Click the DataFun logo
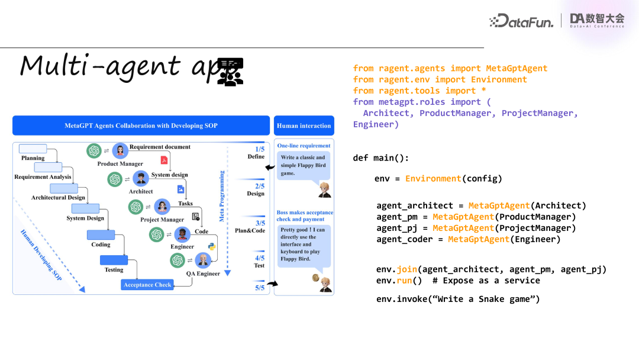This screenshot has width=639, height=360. [x=521, y=21]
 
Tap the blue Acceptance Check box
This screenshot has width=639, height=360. [x=147, y=285]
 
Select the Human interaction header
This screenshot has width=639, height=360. [x=304, y=126]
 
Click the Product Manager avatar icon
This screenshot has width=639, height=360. [x=120, y=151]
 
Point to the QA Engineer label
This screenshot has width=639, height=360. [x=203, y=274]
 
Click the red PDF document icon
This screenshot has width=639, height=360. [x=164, y=160]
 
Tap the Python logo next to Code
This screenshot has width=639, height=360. [x=211, y=246]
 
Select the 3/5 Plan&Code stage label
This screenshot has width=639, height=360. [x=251, y=227]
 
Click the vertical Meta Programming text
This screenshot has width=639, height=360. [x=222, y=196]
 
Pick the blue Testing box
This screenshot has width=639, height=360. [x=114, y=260]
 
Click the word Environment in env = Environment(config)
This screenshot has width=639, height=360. [x=433, y=178]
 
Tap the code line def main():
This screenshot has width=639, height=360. [x=381, y=157]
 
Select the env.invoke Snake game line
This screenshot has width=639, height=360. [x=458, y=299]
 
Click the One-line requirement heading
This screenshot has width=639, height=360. [x=304, y=146]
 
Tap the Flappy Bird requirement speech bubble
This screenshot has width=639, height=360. [x=303, y=165]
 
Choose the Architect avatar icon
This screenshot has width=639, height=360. [x=141, y=178]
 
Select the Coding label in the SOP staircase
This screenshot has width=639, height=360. [x=101, y=245]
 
